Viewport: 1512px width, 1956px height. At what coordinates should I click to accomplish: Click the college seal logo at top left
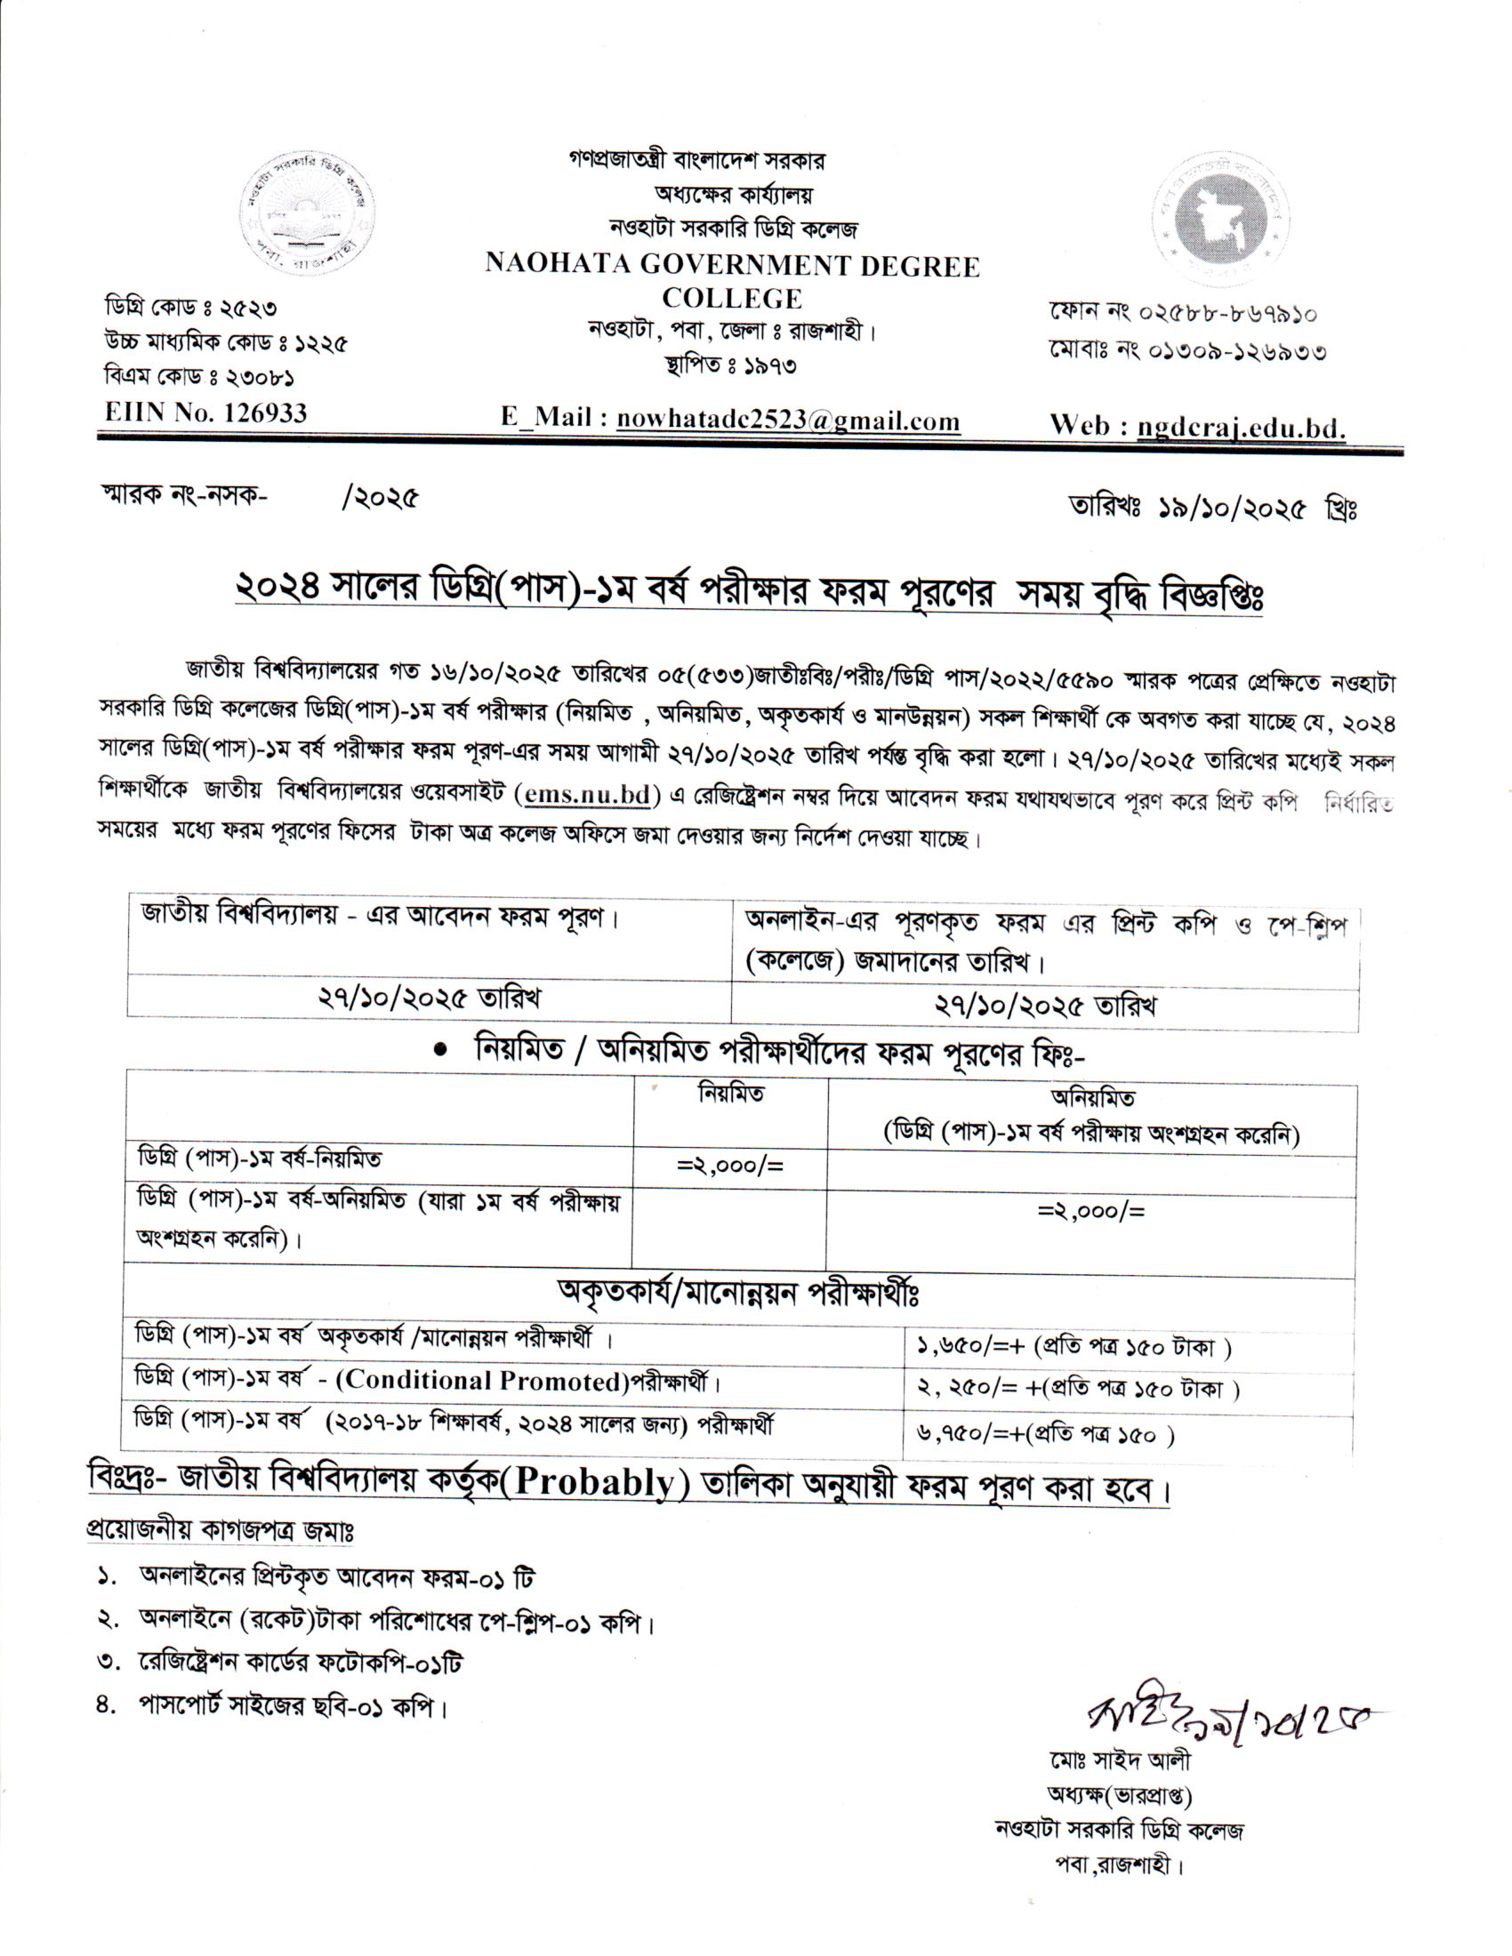(307, 213)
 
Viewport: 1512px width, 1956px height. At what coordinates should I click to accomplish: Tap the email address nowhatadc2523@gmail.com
(787, 420)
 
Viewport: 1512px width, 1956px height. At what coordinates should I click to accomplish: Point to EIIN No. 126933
(206, 413)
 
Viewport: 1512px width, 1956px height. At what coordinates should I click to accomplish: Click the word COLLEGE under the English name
(732, 297)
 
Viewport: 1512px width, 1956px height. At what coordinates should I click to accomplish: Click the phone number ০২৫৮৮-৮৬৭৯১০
(1227, 313)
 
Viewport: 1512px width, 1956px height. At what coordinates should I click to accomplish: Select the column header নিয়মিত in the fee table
(731, 1094)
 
